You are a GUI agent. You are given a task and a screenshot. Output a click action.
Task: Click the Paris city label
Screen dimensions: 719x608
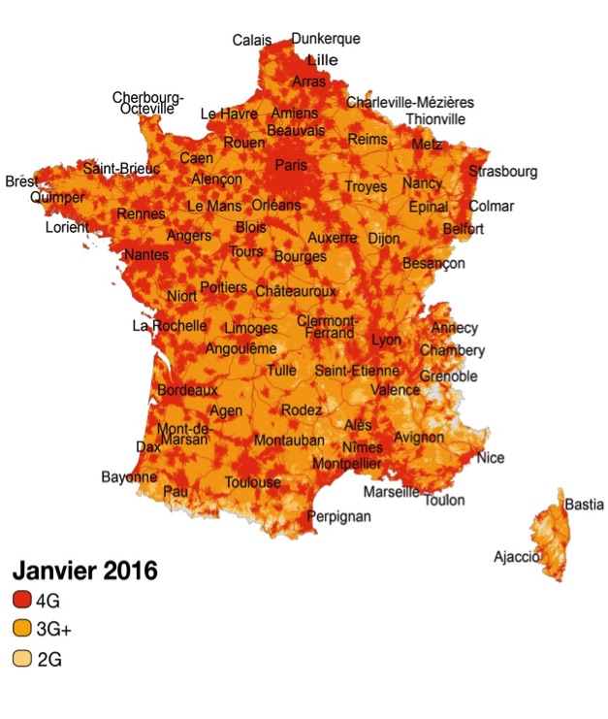(290, 165)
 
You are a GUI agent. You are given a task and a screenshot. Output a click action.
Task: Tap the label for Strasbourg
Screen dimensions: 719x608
(502, 172)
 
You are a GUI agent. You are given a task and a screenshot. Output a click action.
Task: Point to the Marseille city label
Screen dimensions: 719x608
(392, 492)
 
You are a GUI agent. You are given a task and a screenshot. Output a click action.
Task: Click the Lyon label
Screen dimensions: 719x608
(385, 341)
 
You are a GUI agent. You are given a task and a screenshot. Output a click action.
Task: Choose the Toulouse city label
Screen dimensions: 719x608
(252, 482)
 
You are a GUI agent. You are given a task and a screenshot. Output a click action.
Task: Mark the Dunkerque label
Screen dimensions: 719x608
(326, 39)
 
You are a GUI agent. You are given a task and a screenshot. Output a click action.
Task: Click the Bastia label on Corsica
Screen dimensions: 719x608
(584, 505)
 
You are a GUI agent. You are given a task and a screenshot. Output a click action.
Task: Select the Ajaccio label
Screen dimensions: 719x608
(516, 556)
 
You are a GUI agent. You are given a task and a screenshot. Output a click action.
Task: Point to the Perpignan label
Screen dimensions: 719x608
(338, 517)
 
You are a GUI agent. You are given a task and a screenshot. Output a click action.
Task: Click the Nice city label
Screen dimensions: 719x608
(491, 458)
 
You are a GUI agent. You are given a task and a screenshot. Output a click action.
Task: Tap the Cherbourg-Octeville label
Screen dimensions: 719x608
(147, 103)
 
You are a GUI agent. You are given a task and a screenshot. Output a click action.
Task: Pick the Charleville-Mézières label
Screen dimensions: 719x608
(410, 102)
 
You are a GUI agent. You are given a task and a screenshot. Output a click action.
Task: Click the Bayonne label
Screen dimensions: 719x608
(129, 477)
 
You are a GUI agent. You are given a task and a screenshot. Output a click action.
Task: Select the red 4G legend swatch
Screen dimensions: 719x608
(20, 601)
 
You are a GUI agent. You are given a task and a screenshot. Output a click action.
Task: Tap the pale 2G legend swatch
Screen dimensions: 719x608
(20, 659)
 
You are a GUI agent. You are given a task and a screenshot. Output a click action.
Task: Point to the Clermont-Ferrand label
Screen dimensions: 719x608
(327, 327)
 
